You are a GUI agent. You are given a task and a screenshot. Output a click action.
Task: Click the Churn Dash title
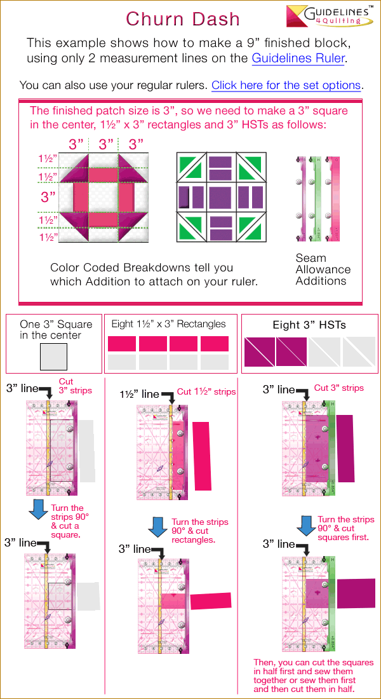[183, 18]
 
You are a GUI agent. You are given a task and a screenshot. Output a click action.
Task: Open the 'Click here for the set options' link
[286, 85]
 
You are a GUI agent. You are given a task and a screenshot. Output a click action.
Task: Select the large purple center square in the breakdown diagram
[221, 197]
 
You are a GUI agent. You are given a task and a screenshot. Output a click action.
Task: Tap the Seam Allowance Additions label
[323, 269]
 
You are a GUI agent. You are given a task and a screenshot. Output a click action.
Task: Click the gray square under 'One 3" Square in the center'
[53, 356]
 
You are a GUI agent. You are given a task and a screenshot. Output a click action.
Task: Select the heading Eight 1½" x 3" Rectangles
[168, 324]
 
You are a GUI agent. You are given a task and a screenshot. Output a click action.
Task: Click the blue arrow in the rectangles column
[157, 527]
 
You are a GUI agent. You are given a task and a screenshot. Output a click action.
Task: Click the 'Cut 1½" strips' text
[206, 392]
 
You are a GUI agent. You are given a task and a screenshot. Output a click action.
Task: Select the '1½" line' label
[140, 394]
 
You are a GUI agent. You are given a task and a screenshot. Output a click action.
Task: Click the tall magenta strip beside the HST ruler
[345, 448]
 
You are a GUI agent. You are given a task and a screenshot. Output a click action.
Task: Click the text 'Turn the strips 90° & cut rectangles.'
[199, 531]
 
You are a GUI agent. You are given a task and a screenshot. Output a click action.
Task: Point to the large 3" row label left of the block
[48, 197]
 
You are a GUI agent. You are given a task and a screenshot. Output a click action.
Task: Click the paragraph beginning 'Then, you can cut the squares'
[313, 675]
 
